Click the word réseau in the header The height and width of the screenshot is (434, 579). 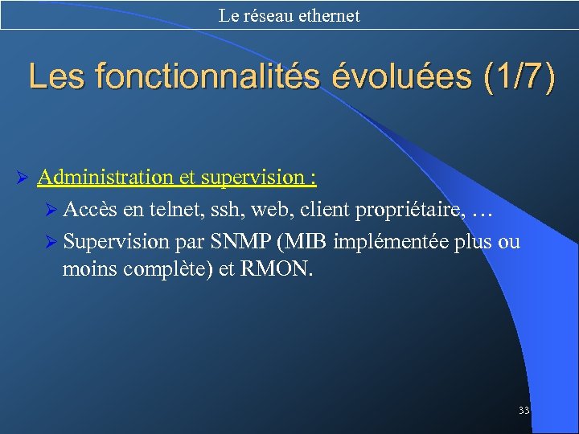click(265, 15)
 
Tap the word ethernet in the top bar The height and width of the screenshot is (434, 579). click(328, 15)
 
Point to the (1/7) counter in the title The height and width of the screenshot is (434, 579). click(519, 77)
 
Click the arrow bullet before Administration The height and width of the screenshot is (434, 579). click(23, 178)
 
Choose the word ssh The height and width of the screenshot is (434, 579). click(228, 210)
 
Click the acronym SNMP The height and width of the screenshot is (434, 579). click(237, 241)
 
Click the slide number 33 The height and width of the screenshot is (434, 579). click(524, 411)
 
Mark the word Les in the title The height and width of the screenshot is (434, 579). click(57, 77)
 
